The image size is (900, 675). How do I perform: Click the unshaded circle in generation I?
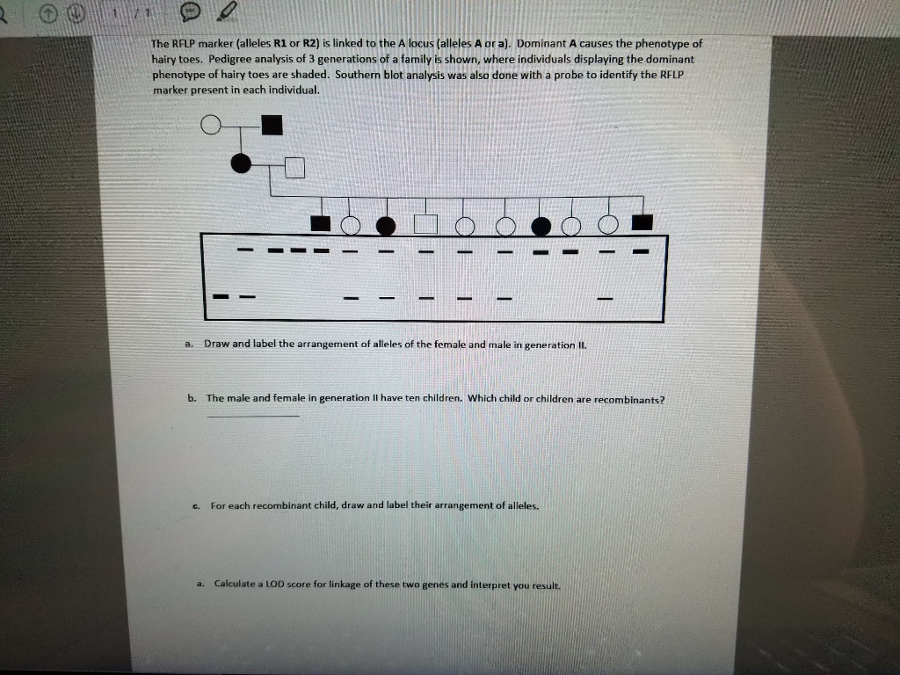[210, 127]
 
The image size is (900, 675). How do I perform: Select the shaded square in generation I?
[272, 127]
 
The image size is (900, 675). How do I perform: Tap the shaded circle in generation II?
[239, 163]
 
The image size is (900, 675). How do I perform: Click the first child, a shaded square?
[321, 224]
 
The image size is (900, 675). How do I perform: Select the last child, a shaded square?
[642, 223]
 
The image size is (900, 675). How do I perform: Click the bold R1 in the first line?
[282, 43]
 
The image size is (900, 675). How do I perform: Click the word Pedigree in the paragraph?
[232, 59]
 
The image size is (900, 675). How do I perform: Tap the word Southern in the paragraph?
[358, 75]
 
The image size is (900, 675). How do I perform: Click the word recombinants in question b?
[629, 399]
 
